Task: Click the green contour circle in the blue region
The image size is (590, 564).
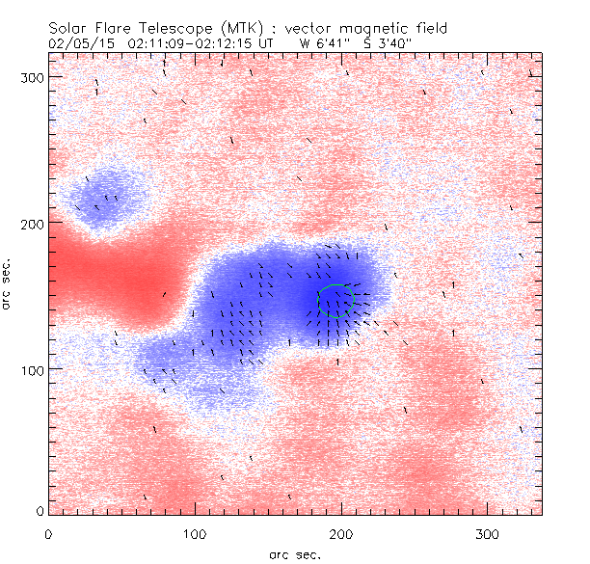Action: [335, 301]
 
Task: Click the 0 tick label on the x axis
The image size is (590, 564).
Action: [48, 532]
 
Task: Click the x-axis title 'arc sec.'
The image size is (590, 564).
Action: [295, 553]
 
